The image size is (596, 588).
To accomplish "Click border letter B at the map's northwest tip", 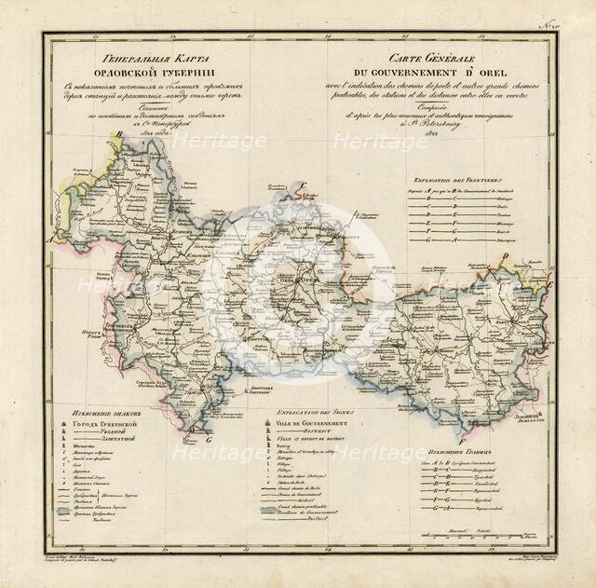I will pos(118,135).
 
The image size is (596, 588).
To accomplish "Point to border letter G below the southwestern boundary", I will pos(211,439).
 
